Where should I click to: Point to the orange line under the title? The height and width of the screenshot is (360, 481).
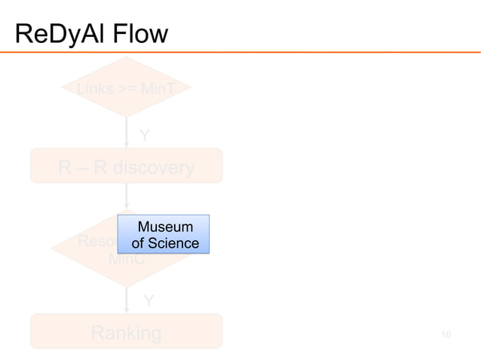click(240, 52)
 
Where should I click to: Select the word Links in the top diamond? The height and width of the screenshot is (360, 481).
click(93, 90)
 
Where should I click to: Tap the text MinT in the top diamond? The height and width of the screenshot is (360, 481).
click(159, 90)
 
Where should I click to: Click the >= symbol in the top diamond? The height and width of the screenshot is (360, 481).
click(127, 90)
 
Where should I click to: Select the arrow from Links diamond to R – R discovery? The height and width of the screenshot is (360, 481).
click(127, 133)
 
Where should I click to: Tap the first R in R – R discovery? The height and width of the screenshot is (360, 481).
click(66, 167)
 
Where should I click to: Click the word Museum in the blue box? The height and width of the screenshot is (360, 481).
click(165, 227)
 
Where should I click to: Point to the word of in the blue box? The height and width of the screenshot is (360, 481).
click(138, 243)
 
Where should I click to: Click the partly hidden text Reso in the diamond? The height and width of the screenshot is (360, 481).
click(97, 243)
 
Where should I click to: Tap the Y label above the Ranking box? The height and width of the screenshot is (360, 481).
click(149, 301)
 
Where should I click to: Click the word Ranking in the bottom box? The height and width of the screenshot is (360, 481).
click(126, 332)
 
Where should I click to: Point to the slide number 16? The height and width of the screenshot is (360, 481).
click(446, 334)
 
